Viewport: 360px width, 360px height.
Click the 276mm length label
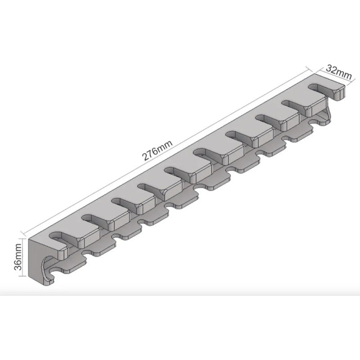157,151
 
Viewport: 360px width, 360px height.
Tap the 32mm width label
339,72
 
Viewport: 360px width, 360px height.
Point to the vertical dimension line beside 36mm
22,257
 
